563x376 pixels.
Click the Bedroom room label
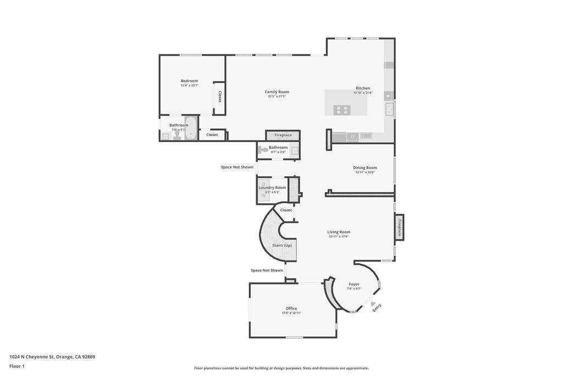pyautogui.click(x=189, y=81)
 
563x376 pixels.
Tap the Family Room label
pyautogui.click(x=277, y=92)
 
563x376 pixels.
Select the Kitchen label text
pyautogui.click(x=363, y=88)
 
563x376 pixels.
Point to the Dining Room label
pyautogui.click(x=365, y=168)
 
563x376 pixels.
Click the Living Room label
pyautogui.click(x=339, y=232)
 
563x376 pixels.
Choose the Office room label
pyautogui.click(x=291, y=308)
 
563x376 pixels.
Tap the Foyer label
pyautogui.click(x=354, y=284)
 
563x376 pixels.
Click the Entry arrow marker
pyautogui.click(x=373, y=304)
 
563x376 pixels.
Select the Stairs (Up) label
pyautogui.click(x=282, y=245)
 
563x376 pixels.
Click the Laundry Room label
pyautogui.click(x=272, y=188)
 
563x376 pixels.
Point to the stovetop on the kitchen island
pyautogui.click(x=341, y=110)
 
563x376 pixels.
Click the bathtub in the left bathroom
pyautogui.click(x=191, y=129)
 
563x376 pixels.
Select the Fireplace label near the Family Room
pyautogui.click(x=283, y=135)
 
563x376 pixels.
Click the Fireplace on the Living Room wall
pyautogui.click(x=399, y=227)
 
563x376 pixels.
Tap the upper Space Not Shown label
pyautogui.click(x=237, y=167)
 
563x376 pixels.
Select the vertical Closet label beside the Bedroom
pyautogui.click(x=220, y=97)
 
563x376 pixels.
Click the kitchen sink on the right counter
pyautogui.click(x=390, y=110)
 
